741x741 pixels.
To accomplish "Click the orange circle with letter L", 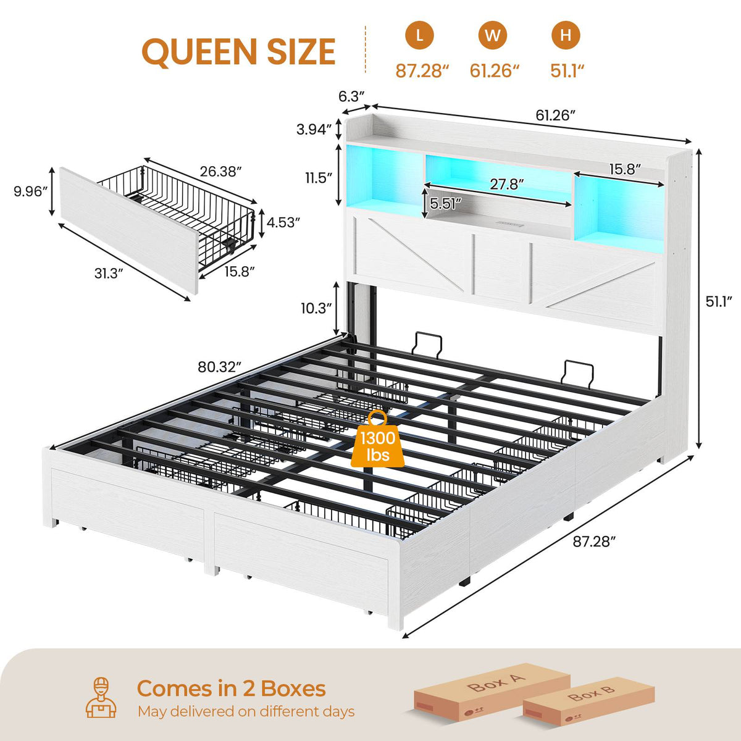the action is coord(419,35).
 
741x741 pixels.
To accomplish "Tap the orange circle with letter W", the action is coord(493,35).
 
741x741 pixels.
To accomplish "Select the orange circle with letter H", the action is coord(566,35).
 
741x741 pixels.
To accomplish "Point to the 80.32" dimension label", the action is coord(219,367).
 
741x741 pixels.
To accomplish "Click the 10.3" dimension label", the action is coord(316,308).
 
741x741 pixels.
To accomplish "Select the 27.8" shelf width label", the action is coord(507,185).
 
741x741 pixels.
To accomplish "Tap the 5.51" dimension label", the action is coord(445,203).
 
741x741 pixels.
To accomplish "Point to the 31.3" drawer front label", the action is coord(109,274).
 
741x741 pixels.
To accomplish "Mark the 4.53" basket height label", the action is coord(283,222).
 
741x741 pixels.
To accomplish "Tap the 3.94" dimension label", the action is coord(314,130).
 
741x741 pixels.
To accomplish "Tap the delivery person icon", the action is coord(101,698).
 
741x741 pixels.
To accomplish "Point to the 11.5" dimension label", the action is coord(319,178).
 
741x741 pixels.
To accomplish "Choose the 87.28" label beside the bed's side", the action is coord(594,542).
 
